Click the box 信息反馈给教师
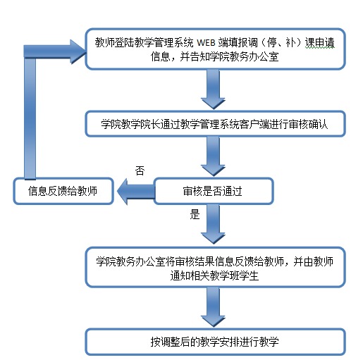point(63,190)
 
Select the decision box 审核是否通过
point(212,190)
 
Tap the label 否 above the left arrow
point(140,170)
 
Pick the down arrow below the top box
point(215,88)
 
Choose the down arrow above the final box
point(215,306)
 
